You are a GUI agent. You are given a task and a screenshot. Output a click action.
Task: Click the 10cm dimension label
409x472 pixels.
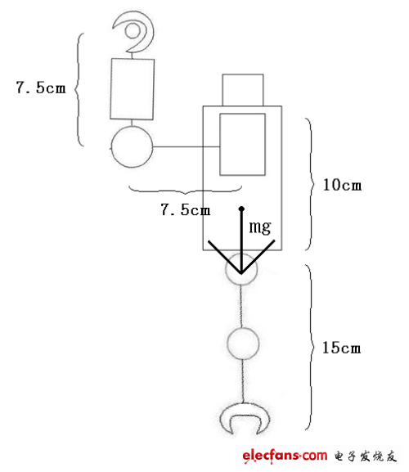(342, 185)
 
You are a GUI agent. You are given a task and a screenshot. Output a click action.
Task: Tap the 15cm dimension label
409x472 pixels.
(342, 348)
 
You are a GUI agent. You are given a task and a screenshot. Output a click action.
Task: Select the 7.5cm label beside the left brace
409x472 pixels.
(41, 88)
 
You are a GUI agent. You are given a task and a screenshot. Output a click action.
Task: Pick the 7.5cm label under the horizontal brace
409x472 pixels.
(186, 209)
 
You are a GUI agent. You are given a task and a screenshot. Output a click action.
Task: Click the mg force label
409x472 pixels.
(260, 227)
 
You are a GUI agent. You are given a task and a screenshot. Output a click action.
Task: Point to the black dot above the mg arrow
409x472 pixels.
(241, 209)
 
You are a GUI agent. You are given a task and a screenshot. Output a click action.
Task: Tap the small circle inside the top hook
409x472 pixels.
(133, 31)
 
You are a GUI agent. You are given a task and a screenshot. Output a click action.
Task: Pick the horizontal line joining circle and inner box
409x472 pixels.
(187, 147)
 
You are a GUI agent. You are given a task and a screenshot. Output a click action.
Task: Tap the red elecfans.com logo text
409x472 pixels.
(285, 455)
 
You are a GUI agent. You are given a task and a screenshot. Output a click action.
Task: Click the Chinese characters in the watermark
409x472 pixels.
(365, 456)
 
